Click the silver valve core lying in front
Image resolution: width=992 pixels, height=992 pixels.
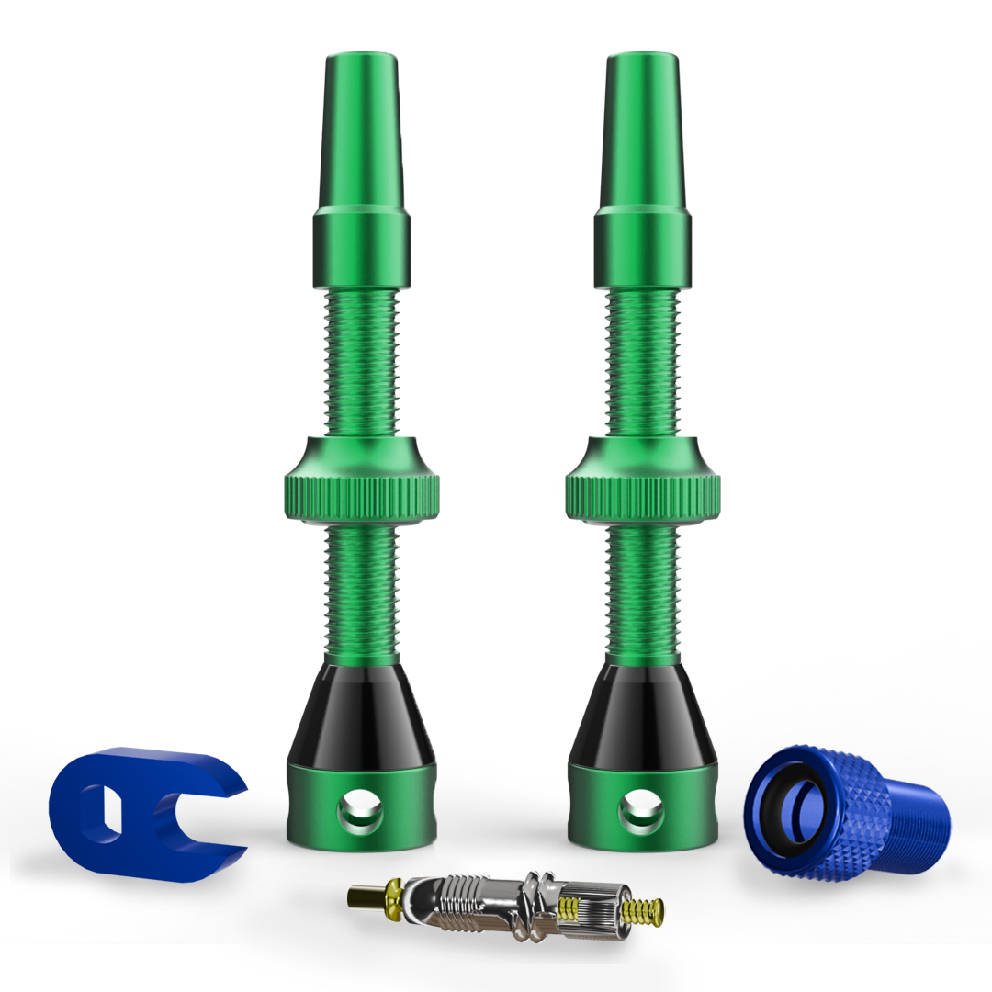pos(514,905)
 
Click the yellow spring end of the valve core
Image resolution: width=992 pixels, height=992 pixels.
pos(643,911)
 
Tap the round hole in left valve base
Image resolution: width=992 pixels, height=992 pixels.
pos(359,811)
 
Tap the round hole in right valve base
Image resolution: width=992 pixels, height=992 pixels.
pos(641,811)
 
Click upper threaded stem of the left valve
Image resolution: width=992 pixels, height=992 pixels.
pos(361,363)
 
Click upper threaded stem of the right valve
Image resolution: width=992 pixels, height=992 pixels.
pos(642,363)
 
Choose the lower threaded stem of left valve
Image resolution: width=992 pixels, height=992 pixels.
pos(361,592)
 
